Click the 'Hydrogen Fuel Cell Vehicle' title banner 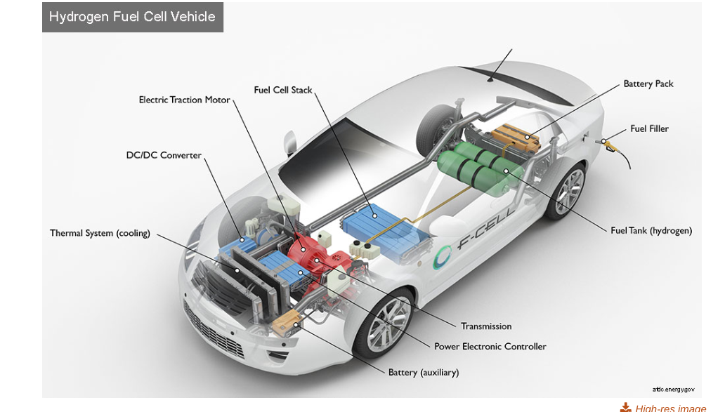(133, 17)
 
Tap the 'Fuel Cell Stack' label (283, 90)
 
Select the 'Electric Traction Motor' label (185, 100)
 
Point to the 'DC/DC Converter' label (164, 155)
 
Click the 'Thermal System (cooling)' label (100, 233)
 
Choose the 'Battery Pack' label (648, 84)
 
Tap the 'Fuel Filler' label (649, 129)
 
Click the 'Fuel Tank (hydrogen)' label (651, 230)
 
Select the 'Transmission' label (486, 326)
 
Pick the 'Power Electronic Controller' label (490, 347)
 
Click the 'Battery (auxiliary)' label (424, 372)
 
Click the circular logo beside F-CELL (442, 258)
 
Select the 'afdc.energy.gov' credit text (673, 390)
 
